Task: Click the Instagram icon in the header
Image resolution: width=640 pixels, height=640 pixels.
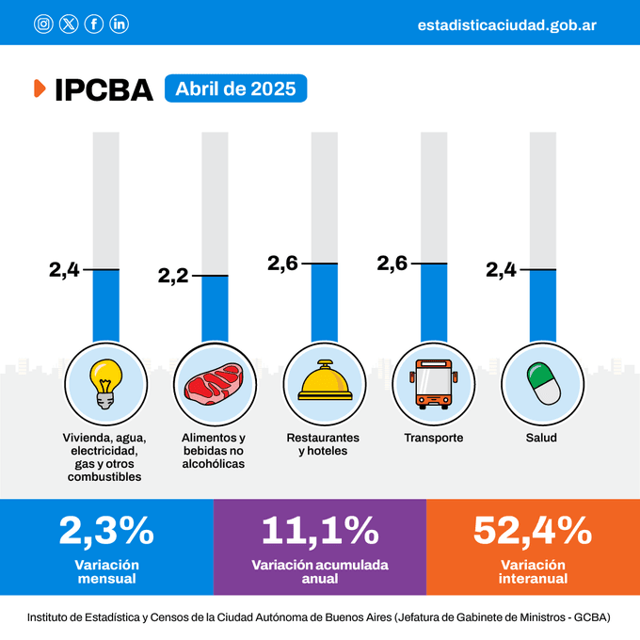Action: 43,24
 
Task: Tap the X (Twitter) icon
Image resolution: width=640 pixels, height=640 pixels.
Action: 69,24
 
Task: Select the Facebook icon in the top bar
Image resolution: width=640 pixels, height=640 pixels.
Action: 94,24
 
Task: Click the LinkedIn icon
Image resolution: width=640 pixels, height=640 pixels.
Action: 120,24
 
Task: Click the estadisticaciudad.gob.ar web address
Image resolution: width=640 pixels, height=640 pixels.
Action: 506,24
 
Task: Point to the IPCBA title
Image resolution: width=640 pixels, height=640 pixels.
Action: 103,89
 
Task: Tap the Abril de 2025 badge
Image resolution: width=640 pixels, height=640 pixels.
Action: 235,89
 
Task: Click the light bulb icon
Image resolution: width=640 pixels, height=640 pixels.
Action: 104,384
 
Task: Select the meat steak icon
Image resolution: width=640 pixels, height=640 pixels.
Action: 215,384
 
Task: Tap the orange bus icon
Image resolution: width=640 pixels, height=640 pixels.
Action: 433,384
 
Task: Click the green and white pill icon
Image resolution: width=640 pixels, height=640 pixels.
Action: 542,384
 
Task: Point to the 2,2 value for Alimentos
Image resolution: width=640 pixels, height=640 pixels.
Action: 173,276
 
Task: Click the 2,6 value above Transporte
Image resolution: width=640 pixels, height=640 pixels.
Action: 392,264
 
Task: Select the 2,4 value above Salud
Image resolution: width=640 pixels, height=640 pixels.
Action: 502,270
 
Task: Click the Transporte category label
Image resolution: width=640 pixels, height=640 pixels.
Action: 433,438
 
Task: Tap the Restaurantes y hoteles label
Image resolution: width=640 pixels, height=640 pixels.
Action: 324,444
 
